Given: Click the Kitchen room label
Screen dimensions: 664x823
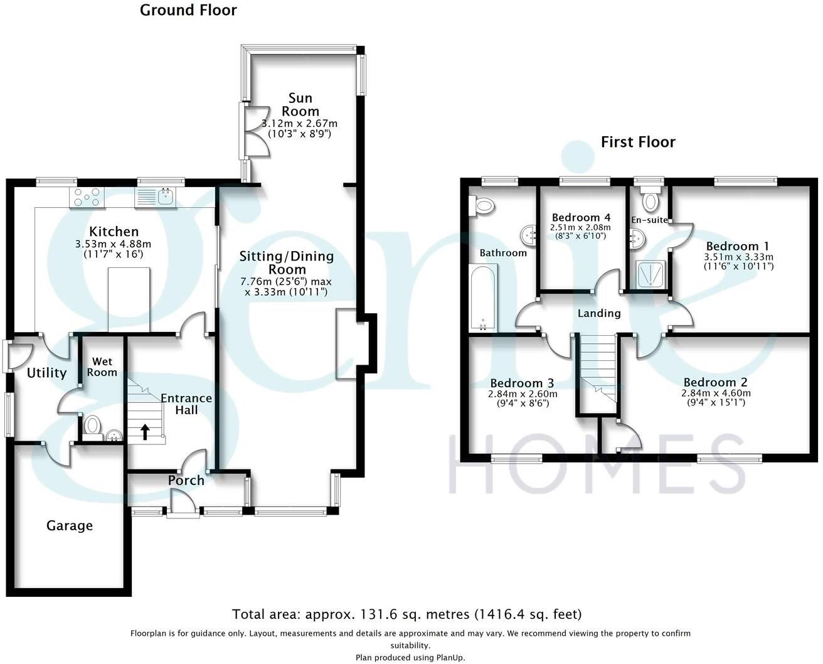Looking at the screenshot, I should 114,232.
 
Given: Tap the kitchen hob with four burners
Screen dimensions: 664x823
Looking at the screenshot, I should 87,197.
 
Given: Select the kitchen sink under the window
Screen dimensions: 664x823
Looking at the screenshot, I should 157,197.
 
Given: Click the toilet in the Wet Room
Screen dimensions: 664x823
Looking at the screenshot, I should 93,426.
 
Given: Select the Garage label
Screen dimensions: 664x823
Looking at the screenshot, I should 70,525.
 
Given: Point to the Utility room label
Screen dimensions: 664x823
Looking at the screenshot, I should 46,373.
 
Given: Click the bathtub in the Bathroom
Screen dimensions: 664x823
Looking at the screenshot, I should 482,297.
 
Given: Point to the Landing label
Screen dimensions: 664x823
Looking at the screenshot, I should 599,313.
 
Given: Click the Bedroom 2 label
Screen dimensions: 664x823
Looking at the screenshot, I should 715,382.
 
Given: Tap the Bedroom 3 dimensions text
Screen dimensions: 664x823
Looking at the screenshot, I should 522,394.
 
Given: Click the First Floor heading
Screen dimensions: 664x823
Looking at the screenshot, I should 638,142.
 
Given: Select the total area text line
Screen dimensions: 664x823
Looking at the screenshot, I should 407,614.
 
